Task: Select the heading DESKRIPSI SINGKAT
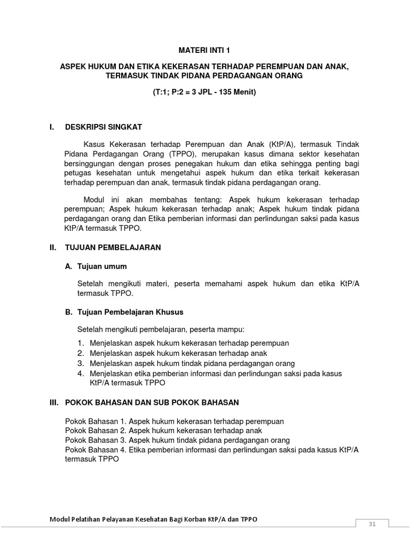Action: click(x=104, y=127)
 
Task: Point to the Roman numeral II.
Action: click(x=52, y=248)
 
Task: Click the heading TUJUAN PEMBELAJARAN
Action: click(x=113, y=248)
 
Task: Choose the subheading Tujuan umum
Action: click(x=102, y=266)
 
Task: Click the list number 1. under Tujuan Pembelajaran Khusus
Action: click(x=81, y=343)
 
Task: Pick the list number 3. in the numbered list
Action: click(x=81, y=363)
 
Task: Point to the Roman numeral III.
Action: click(x=53, y=402)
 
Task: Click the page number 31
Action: click(x=372, y=525)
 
